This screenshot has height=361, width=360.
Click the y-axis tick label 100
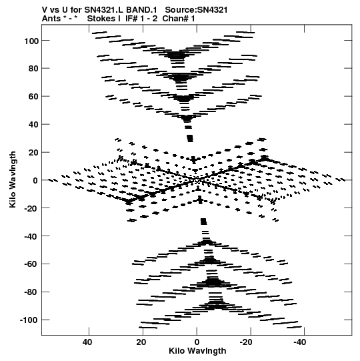(31, 41)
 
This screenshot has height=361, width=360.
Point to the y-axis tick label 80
(33, 69)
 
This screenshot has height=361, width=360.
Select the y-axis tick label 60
(33, 97)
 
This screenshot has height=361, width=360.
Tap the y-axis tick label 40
(33, 125)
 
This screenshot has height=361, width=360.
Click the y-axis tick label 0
(35, 180)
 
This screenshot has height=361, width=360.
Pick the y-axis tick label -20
(31, 208)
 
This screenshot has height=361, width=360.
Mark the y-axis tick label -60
(31, 264)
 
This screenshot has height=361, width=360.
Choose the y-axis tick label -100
(29, 320)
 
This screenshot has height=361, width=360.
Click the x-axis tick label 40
(87, 342)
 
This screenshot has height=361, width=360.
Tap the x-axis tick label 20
(141, 342)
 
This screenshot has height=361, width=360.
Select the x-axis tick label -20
(246, 342)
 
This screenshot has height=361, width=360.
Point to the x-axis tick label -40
(300, 342)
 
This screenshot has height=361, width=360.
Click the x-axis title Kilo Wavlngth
(197, 351)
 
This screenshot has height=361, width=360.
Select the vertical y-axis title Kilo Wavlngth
(13, 179)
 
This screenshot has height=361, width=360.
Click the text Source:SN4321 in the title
(196, 10)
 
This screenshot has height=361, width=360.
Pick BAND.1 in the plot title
(141, 10)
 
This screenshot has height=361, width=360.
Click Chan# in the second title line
(175, 19)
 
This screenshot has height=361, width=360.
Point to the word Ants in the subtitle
(51, 19)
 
